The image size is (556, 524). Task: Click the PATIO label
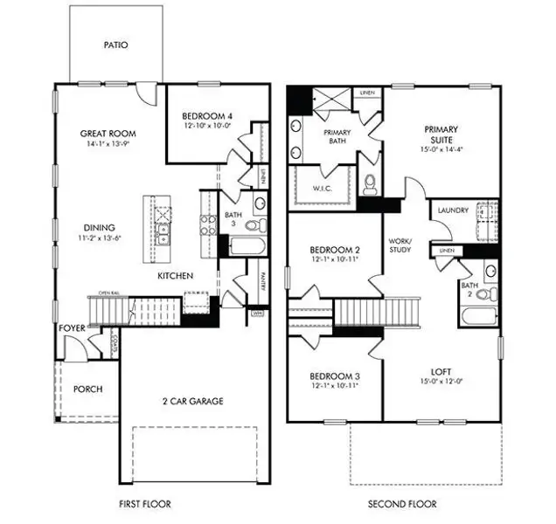115,45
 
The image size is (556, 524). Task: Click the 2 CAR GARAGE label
194,401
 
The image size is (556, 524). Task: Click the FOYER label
71,328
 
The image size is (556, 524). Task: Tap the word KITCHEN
175,276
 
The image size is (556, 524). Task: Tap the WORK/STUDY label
401,245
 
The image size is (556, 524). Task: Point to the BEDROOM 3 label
335,377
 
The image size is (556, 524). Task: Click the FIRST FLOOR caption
144,505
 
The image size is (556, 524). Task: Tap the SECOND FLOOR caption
402,505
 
